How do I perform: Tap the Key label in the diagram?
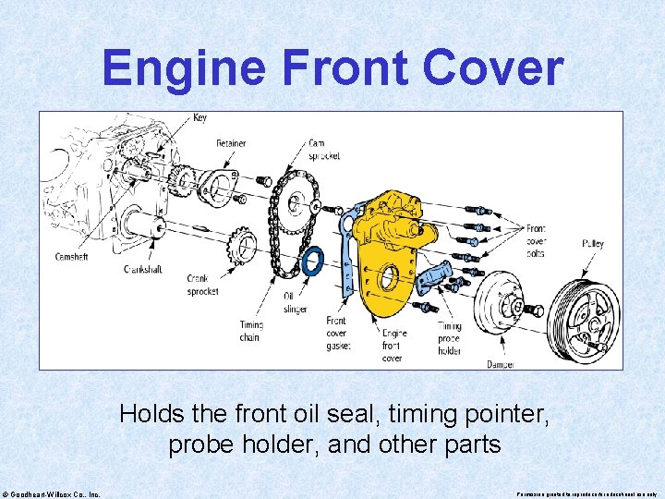click(200, 117)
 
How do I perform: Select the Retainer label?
click(231, 144)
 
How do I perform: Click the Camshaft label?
click(70, 257)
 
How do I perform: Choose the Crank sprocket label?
click(202, 285)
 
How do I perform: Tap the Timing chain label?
click(250, 331)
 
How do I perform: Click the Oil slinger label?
click(294, 302)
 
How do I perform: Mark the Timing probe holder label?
click(450, 338)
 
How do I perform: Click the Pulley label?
click(593, 244)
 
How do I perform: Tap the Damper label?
click(501, 364)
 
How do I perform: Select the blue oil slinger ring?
click(313, 262)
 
